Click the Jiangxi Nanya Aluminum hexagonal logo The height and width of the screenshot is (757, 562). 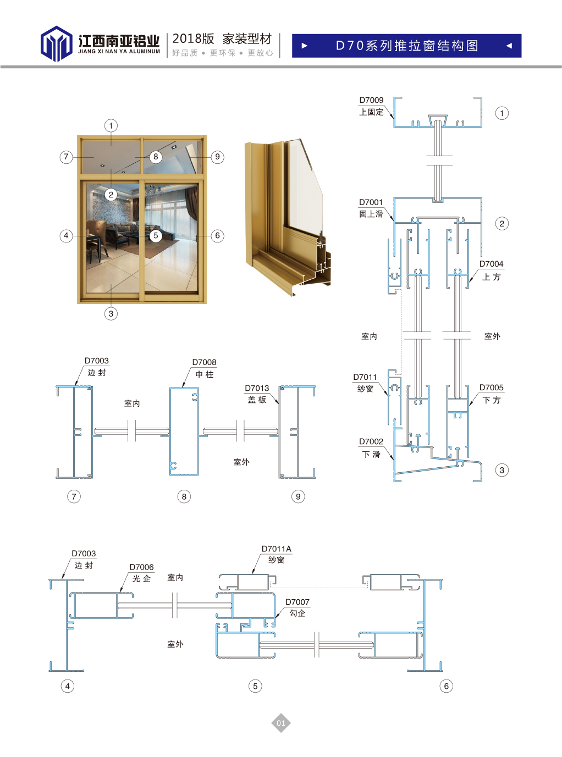[x=56, y=43]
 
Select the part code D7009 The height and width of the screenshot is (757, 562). [x=371, y=100]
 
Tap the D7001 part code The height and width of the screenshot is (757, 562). [x=371, y=202]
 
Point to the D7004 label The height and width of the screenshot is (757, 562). [x=491, y=264]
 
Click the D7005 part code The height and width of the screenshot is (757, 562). [x=491, y=388]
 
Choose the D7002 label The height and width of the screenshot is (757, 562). [x=371, y=441]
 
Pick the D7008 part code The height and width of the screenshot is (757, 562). [x=204, y=362]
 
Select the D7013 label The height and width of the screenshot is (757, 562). [x=257, y=388]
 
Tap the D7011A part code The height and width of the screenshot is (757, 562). [x=276, y=549]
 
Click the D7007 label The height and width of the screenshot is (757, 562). [x=297, y=602]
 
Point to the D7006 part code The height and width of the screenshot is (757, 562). [x=141, y=567]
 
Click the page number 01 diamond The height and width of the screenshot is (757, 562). [x=280, y=723]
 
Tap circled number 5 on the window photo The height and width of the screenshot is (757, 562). [x=156, y=235]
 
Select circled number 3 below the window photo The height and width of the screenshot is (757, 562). [x=111, y=314]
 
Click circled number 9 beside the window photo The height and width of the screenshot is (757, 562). [x=218, y=157]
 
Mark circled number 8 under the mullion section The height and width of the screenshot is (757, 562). [x=184, y=496]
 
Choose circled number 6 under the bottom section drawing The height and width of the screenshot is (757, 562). [x=447, y=686]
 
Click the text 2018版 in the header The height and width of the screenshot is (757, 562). [x=193, y=39]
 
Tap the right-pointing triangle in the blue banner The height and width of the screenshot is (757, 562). [x=305, y=46]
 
